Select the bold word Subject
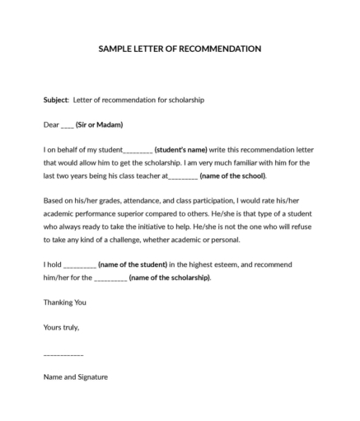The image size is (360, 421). click(56, 100)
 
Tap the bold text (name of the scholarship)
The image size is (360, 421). click(170, 278)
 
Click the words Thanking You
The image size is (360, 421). click(64, 302)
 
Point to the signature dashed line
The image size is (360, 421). click(63, 353)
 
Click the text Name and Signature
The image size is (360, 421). click(75, 377)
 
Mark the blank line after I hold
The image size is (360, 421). click(79, 265)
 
